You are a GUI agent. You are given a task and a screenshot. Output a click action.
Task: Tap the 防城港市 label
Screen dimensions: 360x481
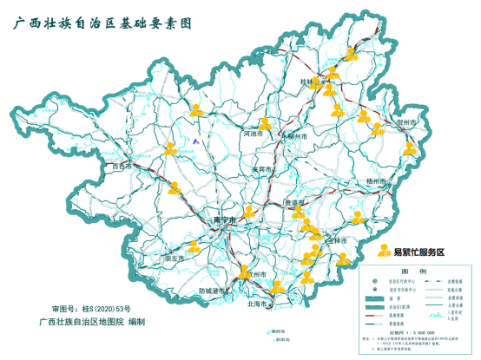(x=213, y=291)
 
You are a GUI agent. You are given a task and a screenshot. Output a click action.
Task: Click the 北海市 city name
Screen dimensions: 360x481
(x=258, y=304)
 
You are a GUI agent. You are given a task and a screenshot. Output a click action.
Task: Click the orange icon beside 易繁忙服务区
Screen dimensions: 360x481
(x=384, y=251)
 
